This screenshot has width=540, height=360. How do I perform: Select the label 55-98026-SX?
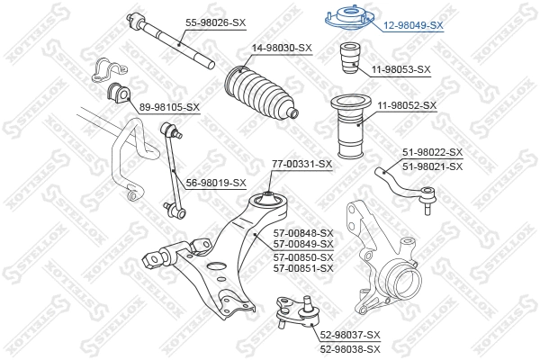click(216, 22)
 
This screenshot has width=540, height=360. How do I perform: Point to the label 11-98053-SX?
click(401, 68)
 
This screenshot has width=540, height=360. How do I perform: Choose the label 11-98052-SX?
click(406, 105)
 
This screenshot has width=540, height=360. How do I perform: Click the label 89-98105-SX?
click(169, 107)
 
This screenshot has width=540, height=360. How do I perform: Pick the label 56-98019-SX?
click(215, 183)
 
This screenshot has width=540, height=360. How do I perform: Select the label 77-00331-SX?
click(302, 164)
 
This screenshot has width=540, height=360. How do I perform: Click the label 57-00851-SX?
click(302, 268)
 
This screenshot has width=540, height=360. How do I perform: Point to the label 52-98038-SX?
click(350, 348)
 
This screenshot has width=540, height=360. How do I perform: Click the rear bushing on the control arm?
click(267, 200)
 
